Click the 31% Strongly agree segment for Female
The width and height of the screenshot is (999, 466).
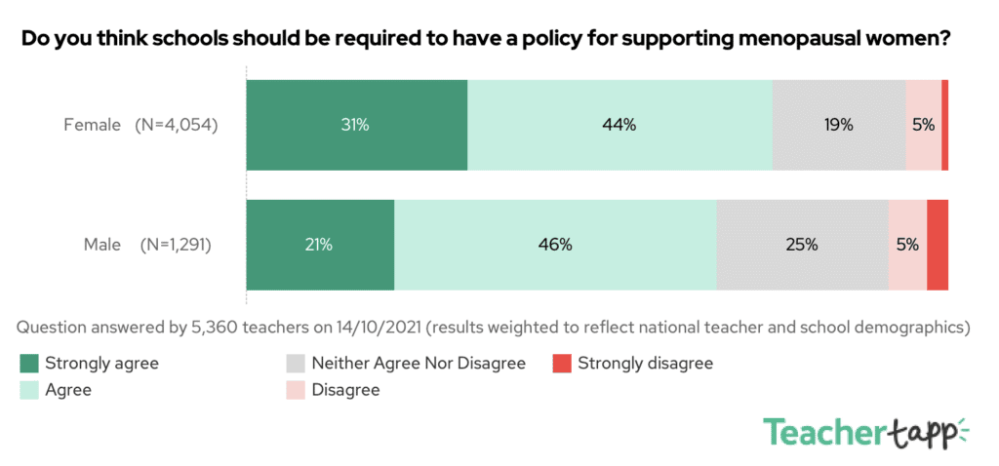[356, 125]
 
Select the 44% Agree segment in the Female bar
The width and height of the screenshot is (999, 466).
[619, 125]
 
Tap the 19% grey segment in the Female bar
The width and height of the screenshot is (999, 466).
[838, 125]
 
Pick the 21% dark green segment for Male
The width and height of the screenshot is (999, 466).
[320, 245]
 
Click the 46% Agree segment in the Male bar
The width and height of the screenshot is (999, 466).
[554, 245]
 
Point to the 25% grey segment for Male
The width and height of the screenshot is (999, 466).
[802, 245]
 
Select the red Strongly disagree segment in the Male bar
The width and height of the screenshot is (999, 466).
[938, 245]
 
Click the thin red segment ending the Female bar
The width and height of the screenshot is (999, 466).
[944, 125]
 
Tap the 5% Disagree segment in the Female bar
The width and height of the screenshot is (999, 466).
[923, 125]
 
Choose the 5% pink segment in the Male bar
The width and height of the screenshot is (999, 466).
[907, 245]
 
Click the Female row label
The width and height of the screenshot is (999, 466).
[91, 125]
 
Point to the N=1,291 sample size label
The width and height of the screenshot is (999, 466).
[176, 245]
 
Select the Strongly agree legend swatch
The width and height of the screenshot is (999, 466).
[29, 364]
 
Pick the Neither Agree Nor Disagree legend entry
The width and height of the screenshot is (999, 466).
[418, 364]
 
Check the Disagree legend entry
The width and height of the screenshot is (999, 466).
[345, 390]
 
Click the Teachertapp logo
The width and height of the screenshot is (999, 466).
[864, 432]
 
